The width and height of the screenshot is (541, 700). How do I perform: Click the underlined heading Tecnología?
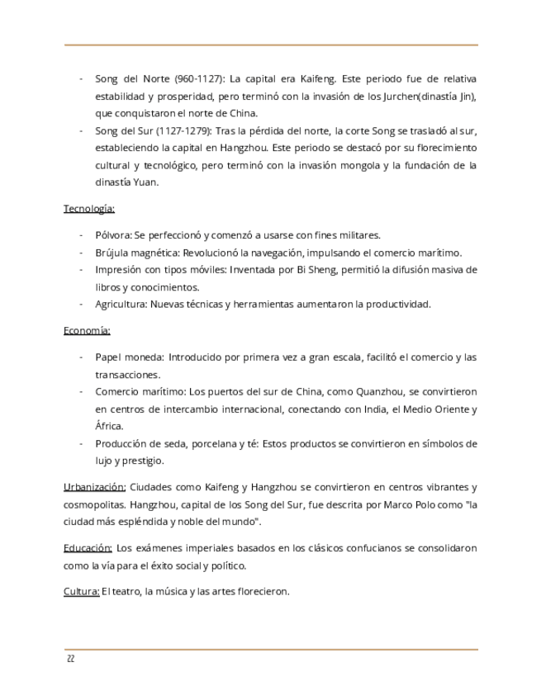(x=89, y=208)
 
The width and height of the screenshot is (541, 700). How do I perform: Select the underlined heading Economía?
(x=87, y=331)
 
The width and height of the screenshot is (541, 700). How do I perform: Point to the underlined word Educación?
(x=88, y=548)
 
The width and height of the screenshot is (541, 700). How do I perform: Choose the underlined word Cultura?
(x=81, y=591)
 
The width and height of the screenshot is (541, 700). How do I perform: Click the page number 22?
(x=70, y=659)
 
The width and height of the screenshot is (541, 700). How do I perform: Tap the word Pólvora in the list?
(x=112, y=234)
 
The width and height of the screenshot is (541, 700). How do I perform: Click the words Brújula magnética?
(x=137, y=253)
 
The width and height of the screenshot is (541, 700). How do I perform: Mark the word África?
(x=108, y=426)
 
